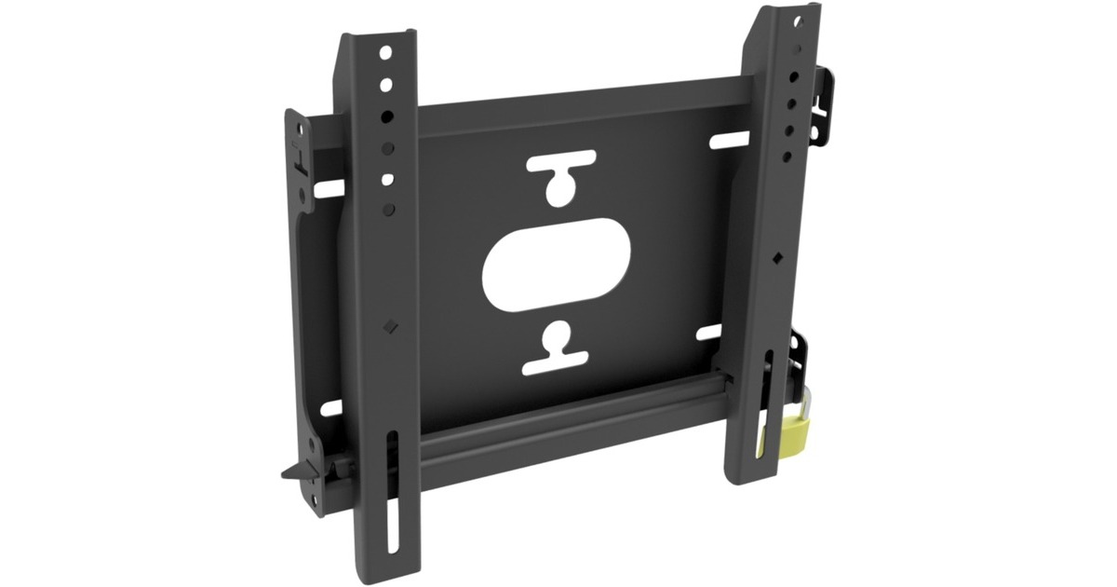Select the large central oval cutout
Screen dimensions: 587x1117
tap(557, 265)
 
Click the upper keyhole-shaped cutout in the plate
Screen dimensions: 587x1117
tap(559, 177)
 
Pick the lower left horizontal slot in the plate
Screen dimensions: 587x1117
tap(330, 407)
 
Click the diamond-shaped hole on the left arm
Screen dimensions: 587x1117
tap(390, 326)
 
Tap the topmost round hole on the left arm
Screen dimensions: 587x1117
tap(384, 53)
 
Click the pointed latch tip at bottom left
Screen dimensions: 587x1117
tap(288, 473)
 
